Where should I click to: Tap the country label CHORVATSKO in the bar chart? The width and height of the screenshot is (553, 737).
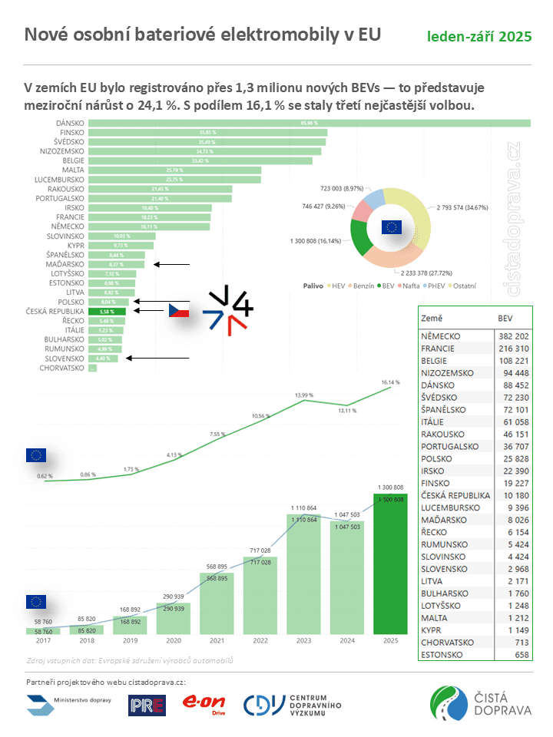61,368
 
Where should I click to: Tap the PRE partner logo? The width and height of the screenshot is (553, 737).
147,705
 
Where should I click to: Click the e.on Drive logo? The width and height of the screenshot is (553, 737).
204,704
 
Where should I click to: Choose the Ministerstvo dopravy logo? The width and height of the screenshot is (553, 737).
70,704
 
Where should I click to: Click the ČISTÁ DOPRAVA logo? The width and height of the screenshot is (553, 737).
481,703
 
